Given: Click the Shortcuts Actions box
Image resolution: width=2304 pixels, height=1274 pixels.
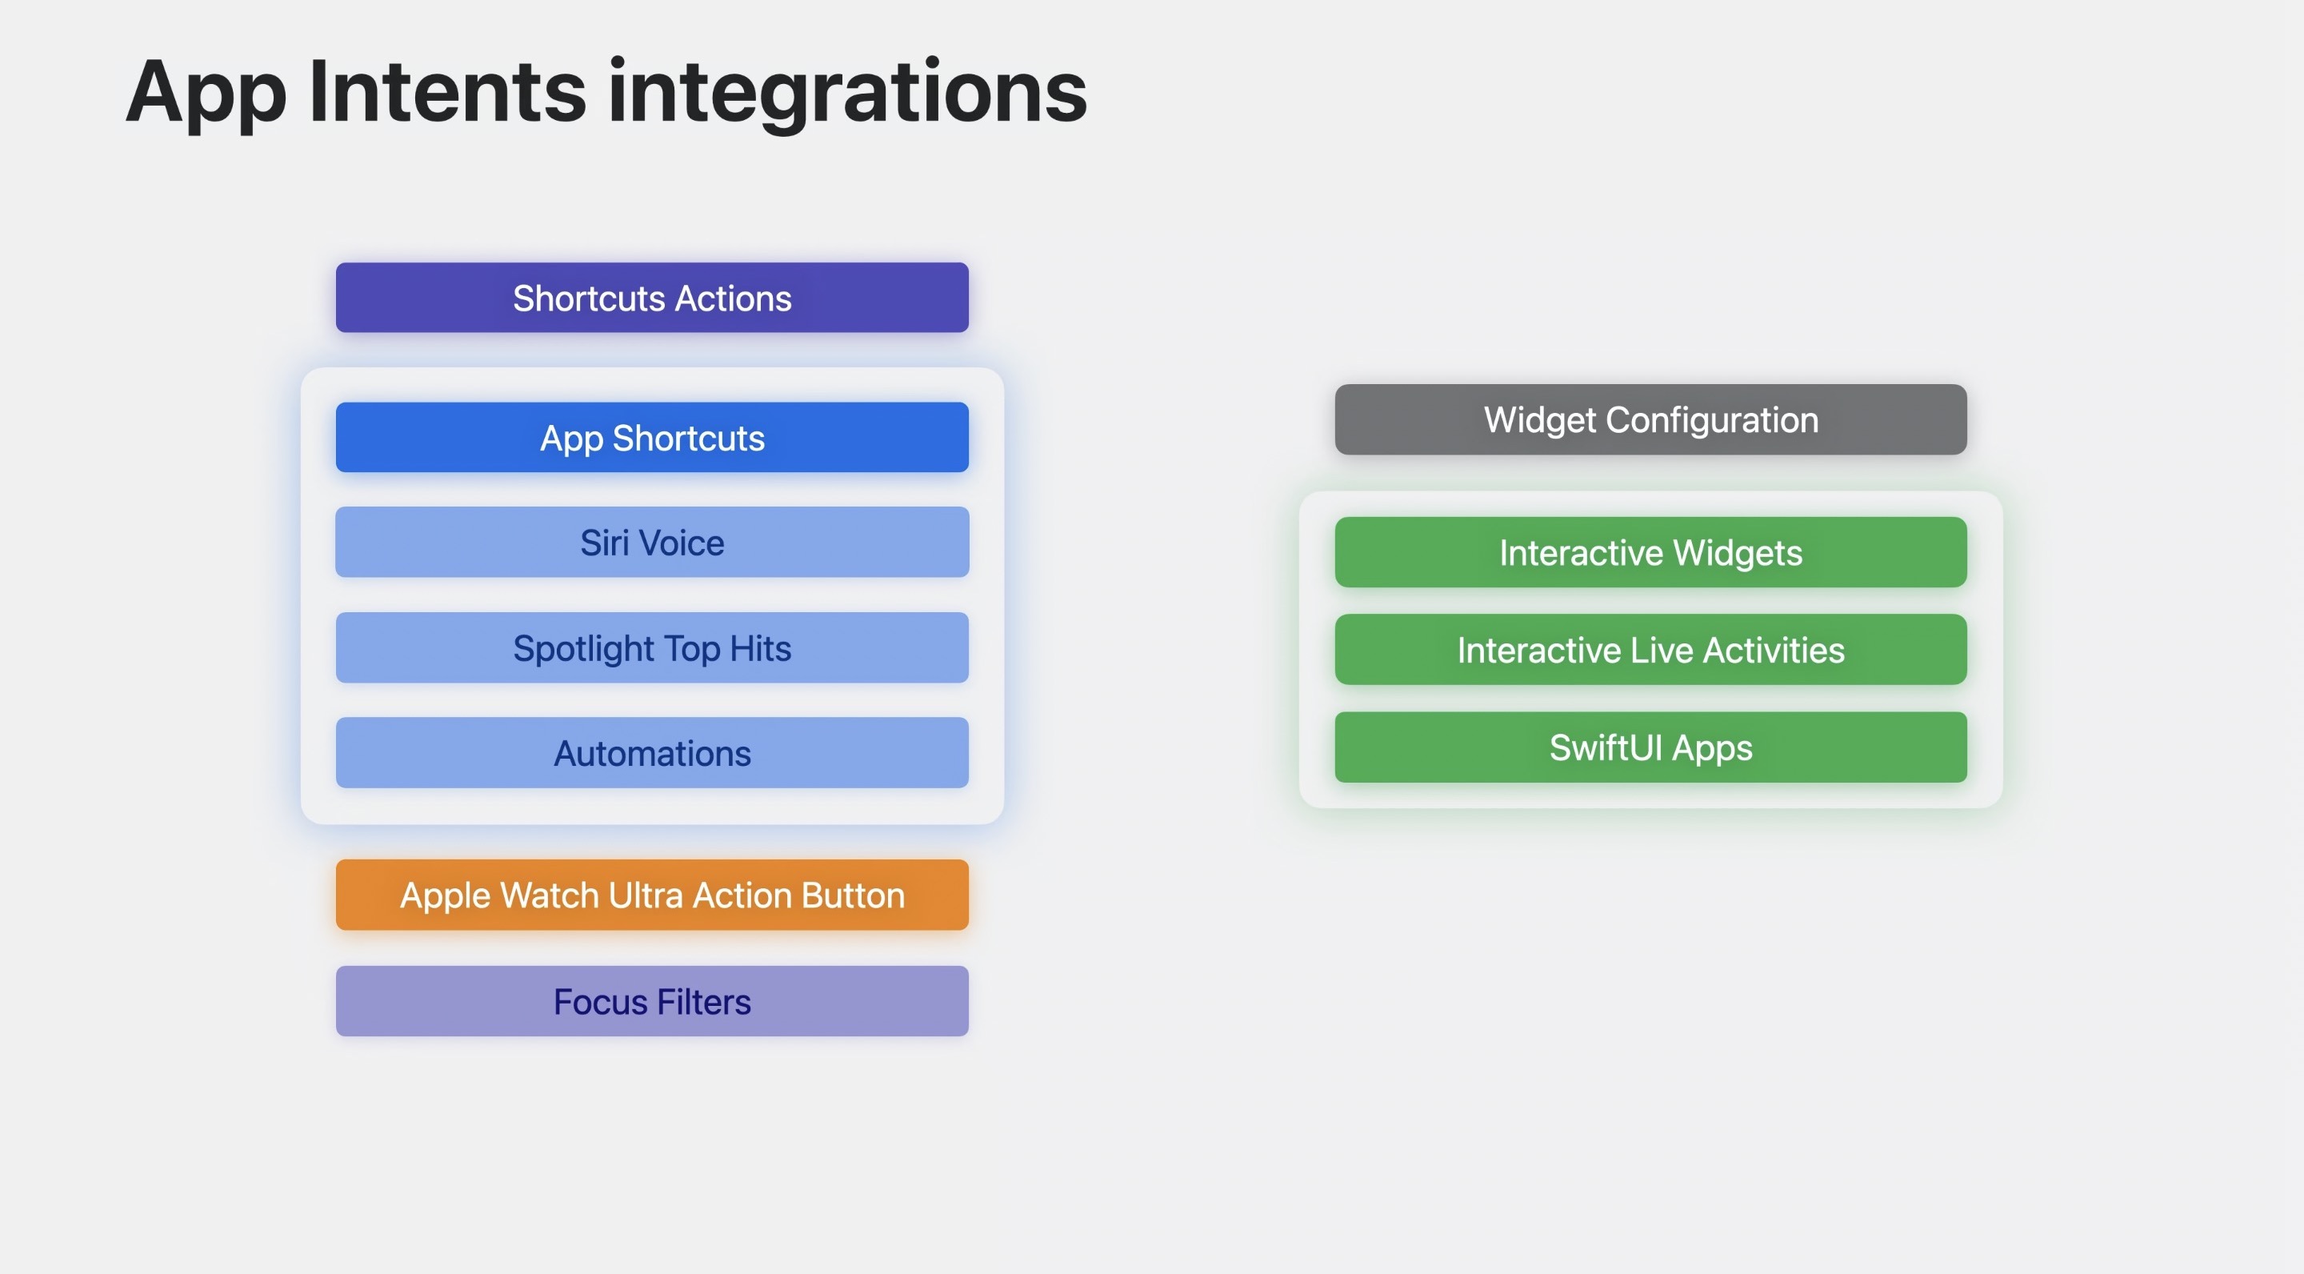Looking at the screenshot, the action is click(x=652, y=297).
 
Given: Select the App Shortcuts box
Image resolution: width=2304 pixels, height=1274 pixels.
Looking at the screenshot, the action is click(x=652, y=438).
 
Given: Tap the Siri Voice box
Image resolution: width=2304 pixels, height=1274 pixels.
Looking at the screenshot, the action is click(x=652, y=542).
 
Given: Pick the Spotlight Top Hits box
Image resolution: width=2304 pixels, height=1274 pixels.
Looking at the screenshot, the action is click(x=652, y=647).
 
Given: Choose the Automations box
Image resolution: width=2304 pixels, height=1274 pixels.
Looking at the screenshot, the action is click(x=652, y=752).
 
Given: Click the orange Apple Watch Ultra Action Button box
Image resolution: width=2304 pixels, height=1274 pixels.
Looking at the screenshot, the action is click(x=652, y=895).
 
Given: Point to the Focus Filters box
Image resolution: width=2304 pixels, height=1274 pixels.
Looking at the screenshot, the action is click(x=652, y=1001).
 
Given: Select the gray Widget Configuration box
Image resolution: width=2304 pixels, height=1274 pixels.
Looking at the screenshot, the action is click(x=1650, y=419).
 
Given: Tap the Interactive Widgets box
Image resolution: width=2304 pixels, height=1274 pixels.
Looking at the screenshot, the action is click(x=1650, y=552).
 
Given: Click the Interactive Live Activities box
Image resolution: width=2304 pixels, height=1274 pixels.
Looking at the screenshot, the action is click(x=1650, y=650).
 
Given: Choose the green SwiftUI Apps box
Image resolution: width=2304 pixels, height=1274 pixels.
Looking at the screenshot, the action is click(x=1650, y=747).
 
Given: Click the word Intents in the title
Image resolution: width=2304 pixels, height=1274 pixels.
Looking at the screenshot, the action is click(x=447, y=90).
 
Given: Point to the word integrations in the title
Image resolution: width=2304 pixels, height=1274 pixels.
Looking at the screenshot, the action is click(x=847, y=94).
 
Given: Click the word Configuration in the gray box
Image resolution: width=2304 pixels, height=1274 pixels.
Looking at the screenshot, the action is click(x=1712, y=420).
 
